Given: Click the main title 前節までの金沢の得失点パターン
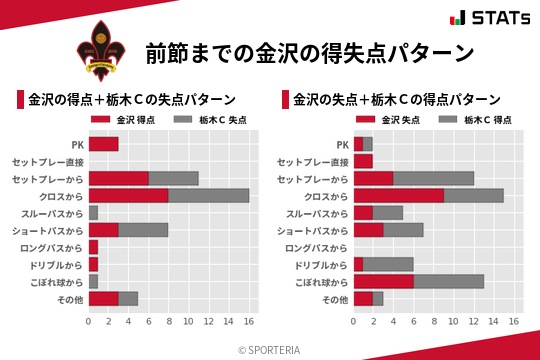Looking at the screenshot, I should tap(308, 52).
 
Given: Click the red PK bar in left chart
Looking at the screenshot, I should tap(103, 144).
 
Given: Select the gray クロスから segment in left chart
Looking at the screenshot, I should tap(209, 195).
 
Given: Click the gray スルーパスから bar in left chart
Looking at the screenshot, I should tap(93, 213).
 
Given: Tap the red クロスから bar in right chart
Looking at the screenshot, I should tap(398, 195).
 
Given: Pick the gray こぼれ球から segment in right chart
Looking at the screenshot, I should tap(449, 281).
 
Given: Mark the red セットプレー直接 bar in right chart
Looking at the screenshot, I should tap(363, 161).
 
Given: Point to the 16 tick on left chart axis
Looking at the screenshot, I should tap(249, 322).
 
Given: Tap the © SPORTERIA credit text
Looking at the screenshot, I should tap(270, 349).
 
